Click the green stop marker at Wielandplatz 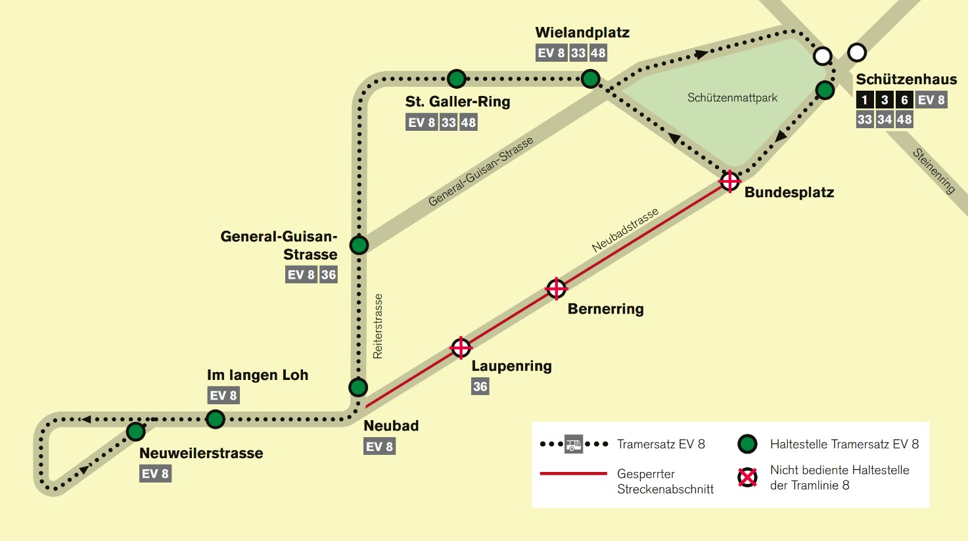(x=590, y=79)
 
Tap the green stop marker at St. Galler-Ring (x=456, y=79)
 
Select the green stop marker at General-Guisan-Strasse (x=359, y=245)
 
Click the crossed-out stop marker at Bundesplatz (x=729, y=180)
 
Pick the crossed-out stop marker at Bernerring (x=556, y=289)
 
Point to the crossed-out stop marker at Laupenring (x=461, y=348)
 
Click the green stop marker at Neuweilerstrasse (x=135, y=432)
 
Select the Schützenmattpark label (x=732, y=98)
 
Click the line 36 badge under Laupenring (x=480, y=387)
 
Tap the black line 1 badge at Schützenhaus (x=865, y=100)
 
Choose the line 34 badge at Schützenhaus (x=885, y=120)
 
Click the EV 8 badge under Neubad (x=380, y=447)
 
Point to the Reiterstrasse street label (x=378, y=326)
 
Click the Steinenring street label (x=933, y=171)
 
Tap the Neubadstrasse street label (x=625, y=231)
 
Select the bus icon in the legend (x=573, y=444)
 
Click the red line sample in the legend (x=573, y=473)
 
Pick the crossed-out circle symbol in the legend (x=747, y=477)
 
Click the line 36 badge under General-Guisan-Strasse (x=329, y=275)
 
